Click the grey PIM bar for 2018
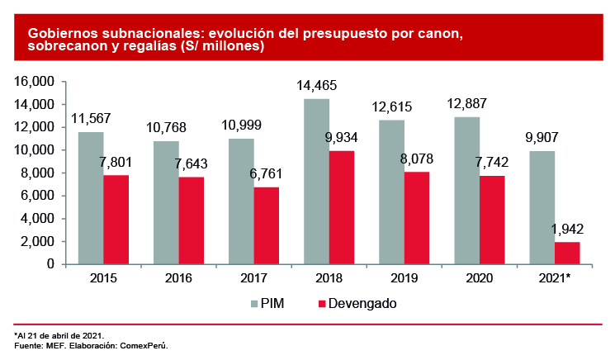316,182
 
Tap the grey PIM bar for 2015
91,198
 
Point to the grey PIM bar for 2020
466,191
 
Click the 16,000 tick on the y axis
34,82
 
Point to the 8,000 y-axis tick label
37,173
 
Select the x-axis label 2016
178,279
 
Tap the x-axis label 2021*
556,279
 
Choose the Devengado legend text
362,304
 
